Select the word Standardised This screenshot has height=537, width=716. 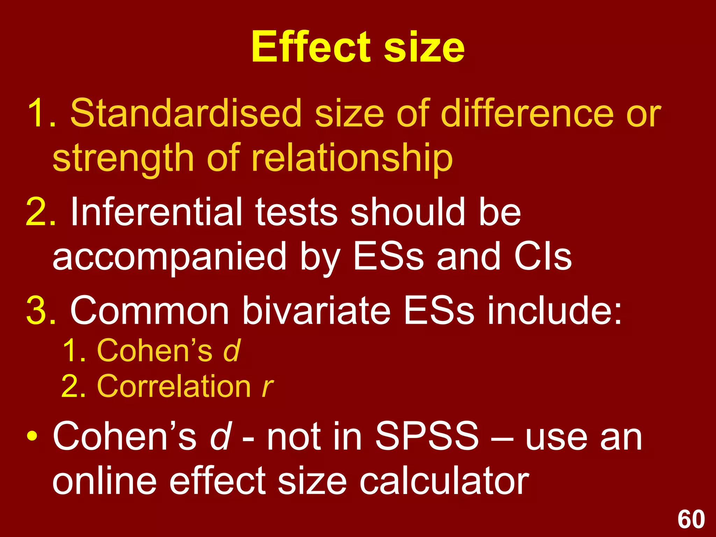pyautogui.click(x=186, y=113)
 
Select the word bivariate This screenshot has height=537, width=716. pyautogui.click(x=316, y=310)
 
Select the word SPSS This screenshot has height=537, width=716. pyautogui.click(x=427, y=436)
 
